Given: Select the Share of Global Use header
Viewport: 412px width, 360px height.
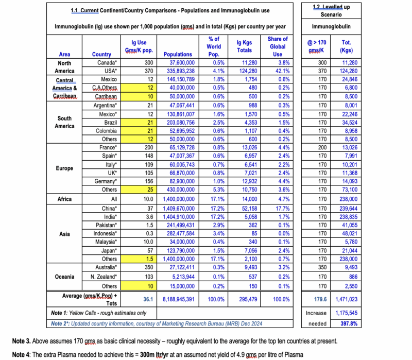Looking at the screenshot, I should click(x=278, y=46).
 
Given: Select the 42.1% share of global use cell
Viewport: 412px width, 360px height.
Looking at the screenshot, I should click(x=278, y=71).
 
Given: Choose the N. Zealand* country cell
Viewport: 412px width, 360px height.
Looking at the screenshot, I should click(x=104, y=277).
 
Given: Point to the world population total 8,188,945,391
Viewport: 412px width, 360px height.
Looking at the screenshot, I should click(x=176, y=299).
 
